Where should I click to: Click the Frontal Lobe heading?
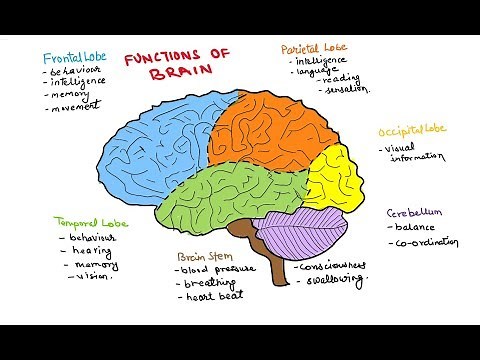click(x=75, y=58)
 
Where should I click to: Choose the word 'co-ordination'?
click(x=427, y=243)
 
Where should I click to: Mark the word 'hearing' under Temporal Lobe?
click(x=89, y=253)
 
